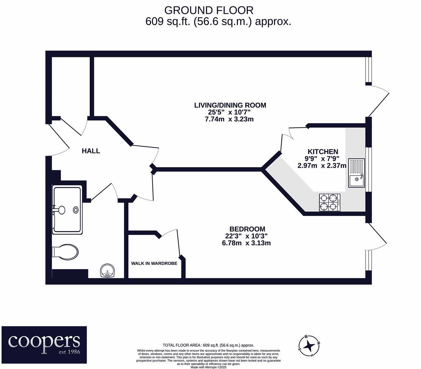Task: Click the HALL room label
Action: coord(91,151)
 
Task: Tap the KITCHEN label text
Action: coord(323,152)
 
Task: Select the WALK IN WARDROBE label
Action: coord(154,263)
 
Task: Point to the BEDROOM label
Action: coord(247,229)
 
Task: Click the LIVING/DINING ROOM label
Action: coord(230,105)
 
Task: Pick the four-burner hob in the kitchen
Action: coord(329,202)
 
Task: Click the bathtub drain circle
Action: coord(76,210)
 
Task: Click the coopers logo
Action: coord(44,345)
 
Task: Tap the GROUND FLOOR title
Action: coord(209,10)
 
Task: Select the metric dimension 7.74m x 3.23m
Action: coord(229,119)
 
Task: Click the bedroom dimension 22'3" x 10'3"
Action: coord(246,236)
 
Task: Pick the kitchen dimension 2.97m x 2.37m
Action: coord(322,166)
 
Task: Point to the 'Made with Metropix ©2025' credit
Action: coord(208,367)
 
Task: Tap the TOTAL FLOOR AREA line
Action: coord(208,345)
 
